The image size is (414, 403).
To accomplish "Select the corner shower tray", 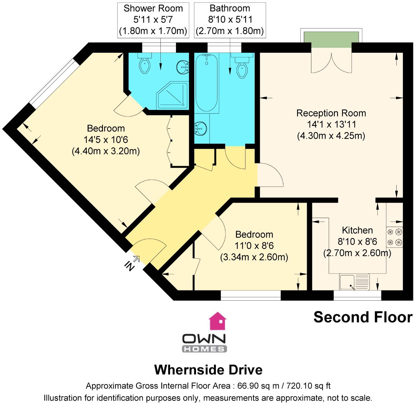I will point(172,96).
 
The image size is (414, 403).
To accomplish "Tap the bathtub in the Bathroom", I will point(206,83).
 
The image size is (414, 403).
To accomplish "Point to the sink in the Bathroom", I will point(200,128).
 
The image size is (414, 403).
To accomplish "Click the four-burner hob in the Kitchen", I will point(395,237).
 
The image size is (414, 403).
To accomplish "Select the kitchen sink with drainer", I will point(354,282).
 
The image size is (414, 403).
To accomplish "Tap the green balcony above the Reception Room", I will point(331,40).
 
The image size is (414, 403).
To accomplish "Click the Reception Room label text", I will point(331,113).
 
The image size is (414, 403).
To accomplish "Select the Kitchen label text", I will point(357,230).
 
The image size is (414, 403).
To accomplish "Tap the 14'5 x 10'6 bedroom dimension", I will point(106,140).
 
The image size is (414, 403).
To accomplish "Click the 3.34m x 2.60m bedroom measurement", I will point(254,257).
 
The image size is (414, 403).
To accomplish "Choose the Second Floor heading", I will point(363,317).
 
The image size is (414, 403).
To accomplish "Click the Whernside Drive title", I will point(208,370).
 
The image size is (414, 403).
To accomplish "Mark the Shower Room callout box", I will point(153,20).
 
